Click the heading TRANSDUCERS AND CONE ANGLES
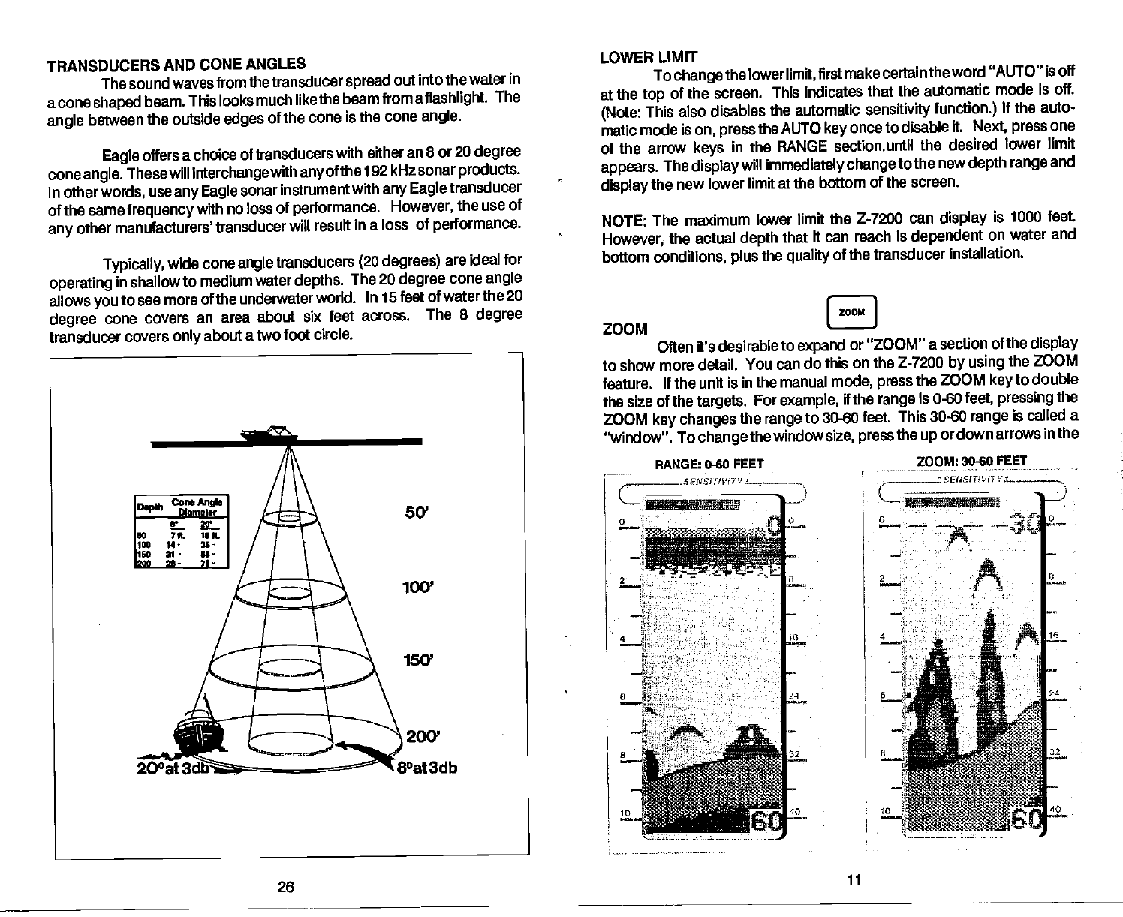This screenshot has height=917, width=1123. [x=176, y=65]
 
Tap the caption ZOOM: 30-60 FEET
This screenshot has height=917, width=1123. [x=971, y=461]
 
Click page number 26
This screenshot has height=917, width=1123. [x=285, y=888]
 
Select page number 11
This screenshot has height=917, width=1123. [x=853, y=879]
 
